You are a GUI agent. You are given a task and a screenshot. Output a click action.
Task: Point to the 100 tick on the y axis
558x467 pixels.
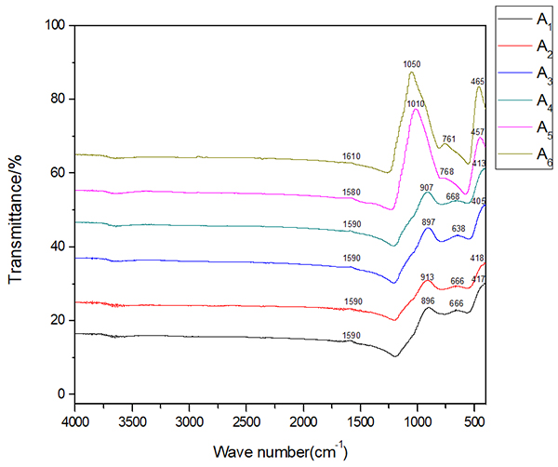[x=55, y=26]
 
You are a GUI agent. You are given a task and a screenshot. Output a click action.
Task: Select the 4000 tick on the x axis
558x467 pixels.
[x=75, y=421]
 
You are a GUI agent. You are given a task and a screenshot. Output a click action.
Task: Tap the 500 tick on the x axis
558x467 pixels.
[x=473, y=421]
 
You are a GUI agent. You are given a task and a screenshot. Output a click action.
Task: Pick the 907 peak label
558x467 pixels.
[x=427, y=188]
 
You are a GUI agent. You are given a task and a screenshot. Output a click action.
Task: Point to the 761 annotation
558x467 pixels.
[x=449, y=140]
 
